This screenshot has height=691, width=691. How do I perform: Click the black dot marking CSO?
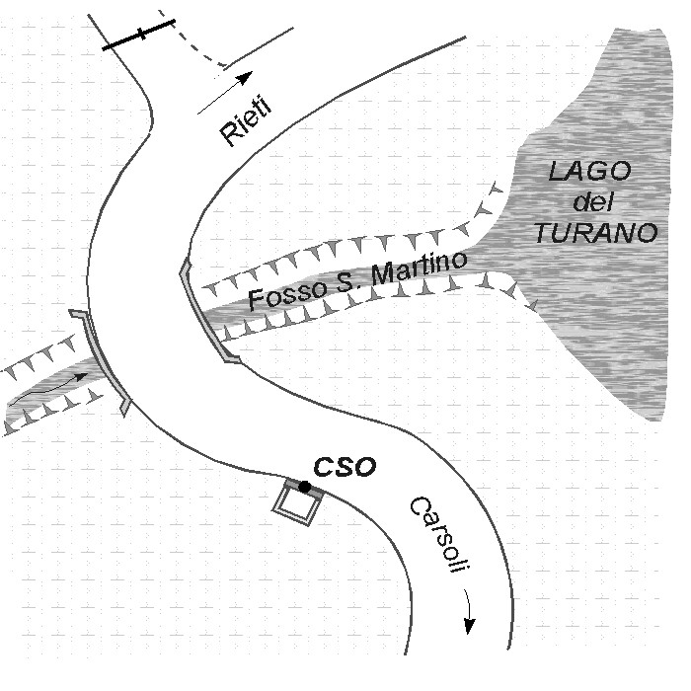point(304,487)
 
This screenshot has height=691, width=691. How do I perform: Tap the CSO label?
point(345,467)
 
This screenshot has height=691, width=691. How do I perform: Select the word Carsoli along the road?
point(438,535)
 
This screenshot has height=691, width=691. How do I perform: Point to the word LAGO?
point(589,171)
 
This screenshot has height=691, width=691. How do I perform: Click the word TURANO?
point(596,233)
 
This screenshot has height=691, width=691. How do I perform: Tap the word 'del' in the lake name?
point(592,201)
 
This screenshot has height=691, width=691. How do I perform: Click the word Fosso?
point(288,292)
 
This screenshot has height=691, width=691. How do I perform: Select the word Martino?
point(419,268)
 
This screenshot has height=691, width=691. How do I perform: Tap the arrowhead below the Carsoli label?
point(470,626)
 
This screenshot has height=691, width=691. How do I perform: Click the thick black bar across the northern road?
point(139,34)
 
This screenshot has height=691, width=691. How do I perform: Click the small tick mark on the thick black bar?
point(141,34)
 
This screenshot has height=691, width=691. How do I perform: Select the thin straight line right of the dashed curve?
point(259,47)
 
